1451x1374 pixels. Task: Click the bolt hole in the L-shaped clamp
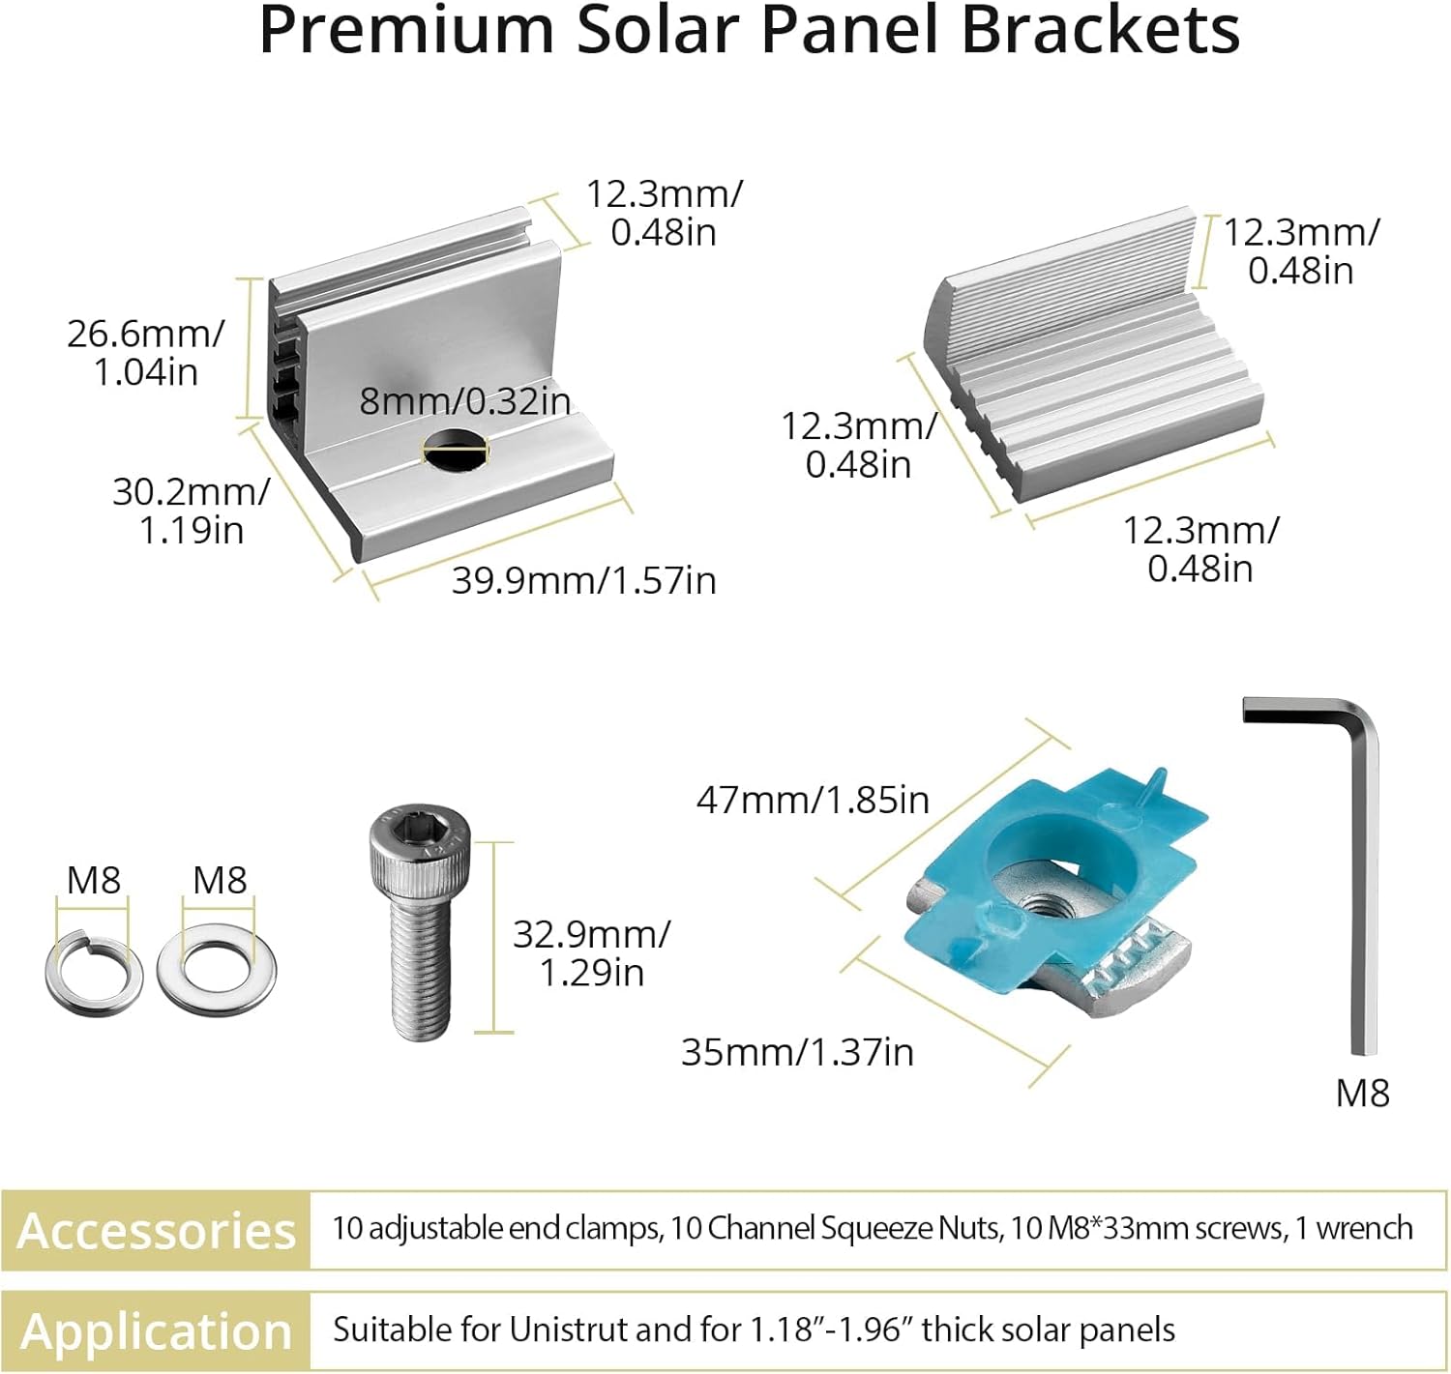tap(455, 451)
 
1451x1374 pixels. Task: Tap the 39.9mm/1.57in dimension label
tap(583, 581)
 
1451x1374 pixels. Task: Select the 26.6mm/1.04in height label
tap(145, 353)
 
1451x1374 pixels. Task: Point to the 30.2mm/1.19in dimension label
tap(191, 511)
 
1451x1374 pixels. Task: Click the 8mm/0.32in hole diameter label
tap(464, 401)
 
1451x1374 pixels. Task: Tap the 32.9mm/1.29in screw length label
tap(591, 953)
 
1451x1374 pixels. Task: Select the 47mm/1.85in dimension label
tap(813, 801)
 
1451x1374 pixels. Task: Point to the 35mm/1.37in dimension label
tap(797, 1052)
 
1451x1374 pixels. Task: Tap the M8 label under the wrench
tap(1362, 1094)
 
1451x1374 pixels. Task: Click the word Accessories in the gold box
tap(156, 1231)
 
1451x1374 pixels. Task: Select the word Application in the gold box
tap(156, 1331)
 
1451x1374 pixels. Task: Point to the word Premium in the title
tap(406, 31)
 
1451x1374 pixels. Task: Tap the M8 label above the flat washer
tap(220, 881)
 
